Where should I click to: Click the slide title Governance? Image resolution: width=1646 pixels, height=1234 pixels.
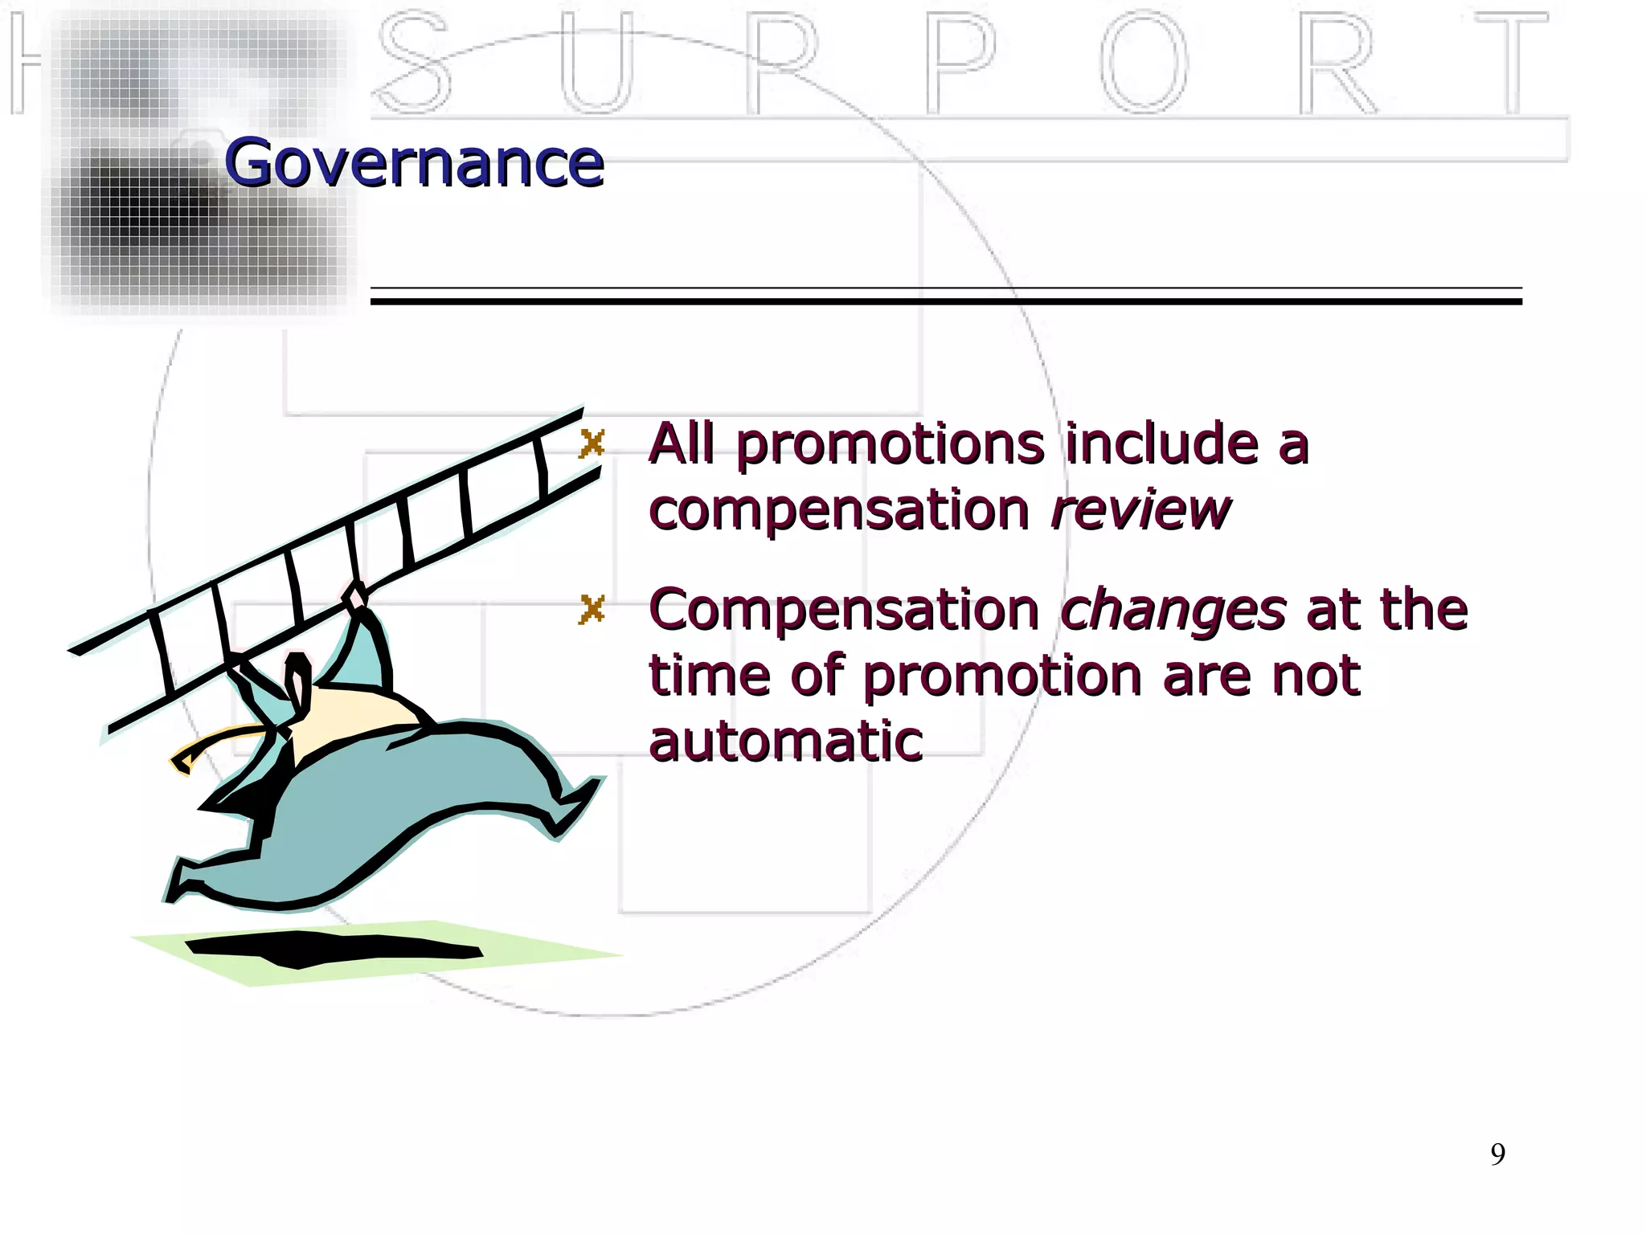coord(414,163)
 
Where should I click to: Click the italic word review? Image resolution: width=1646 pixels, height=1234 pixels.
coord(1140,509)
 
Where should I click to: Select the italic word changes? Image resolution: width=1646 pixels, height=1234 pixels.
coord(1173,611)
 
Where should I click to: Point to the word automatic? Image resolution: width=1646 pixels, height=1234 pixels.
coord(785,741)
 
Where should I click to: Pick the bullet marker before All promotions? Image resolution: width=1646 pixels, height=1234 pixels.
coord(592,443)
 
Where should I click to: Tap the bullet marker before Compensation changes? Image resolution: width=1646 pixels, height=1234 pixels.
coord(592,610)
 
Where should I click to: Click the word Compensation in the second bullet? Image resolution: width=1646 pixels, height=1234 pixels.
coord(844,611)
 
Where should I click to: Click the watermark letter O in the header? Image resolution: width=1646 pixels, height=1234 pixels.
coord(1144,62)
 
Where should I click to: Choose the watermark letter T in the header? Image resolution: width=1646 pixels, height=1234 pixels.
coord(1511,62)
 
